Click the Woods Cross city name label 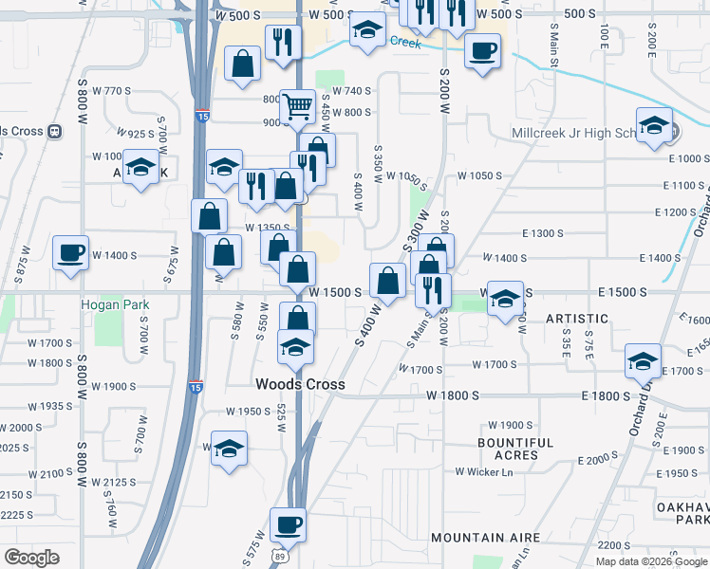300,384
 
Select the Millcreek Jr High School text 576,133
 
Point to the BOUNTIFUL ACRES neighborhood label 515,449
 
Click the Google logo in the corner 31,558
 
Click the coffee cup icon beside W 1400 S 71,253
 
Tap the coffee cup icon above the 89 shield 288,524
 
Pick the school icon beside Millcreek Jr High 654,126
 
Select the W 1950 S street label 249,412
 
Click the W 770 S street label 112,91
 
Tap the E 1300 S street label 543,233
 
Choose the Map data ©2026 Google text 651,561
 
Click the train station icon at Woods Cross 54,131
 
